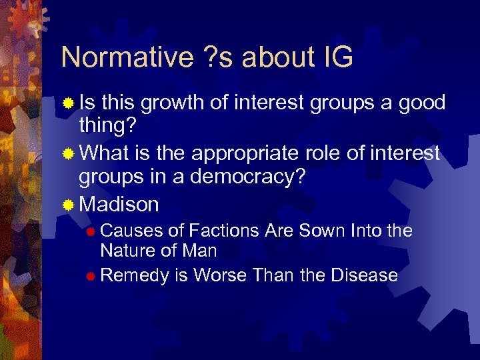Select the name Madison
119,204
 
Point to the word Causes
131,231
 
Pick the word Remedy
135,275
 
